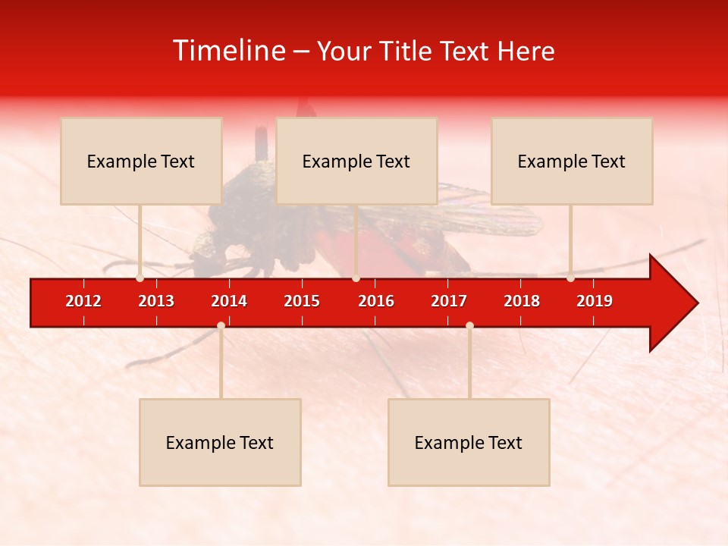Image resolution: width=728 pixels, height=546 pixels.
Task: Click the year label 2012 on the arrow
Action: click(83, 301)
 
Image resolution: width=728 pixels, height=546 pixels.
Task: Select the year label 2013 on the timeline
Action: click(156, 301)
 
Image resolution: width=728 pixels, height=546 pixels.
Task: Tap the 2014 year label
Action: click(229, 301)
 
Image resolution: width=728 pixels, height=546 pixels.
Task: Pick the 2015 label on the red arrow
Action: click(302, 301)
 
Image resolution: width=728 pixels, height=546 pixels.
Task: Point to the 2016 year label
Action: click(376, 301)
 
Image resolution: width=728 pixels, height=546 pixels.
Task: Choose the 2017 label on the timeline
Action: click(449, 301)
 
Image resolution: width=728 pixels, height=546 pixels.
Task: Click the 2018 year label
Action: click(522, 301)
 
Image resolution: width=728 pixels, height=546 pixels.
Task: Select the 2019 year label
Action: click(595, 301)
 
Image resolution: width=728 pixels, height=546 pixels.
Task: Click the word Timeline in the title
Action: click(228, 51)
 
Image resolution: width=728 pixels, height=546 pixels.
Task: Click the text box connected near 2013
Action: click(141, 161)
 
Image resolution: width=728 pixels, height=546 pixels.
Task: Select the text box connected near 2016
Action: click(356, 161)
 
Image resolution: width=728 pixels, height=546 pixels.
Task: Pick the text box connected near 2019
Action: click(572, 161)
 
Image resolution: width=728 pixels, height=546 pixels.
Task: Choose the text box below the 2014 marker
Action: click(220, 442)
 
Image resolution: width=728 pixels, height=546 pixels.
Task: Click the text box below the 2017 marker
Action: click(469, 442)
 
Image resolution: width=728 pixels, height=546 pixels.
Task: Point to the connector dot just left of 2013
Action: click(140, 278)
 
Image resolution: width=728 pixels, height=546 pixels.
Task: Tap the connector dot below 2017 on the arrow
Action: click(469, 325)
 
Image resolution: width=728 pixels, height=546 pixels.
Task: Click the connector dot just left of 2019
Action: click(570, 278)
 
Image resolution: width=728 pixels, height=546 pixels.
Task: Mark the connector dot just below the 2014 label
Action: click(221, 325)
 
